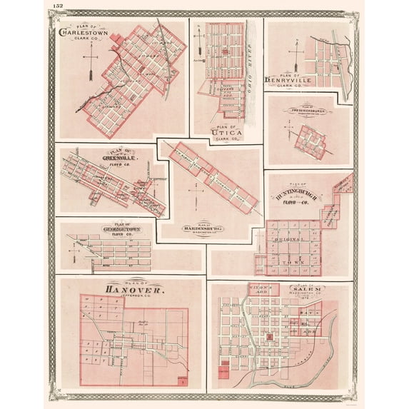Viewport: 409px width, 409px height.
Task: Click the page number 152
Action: [x=58, y=6]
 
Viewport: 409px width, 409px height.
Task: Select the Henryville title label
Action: [x=293, y=79]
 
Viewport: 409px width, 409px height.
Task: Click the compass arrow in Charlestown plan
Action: [x=90, y=72]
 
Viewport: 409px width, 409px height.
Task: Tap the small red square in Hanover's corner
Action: [x=183, y=381]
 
